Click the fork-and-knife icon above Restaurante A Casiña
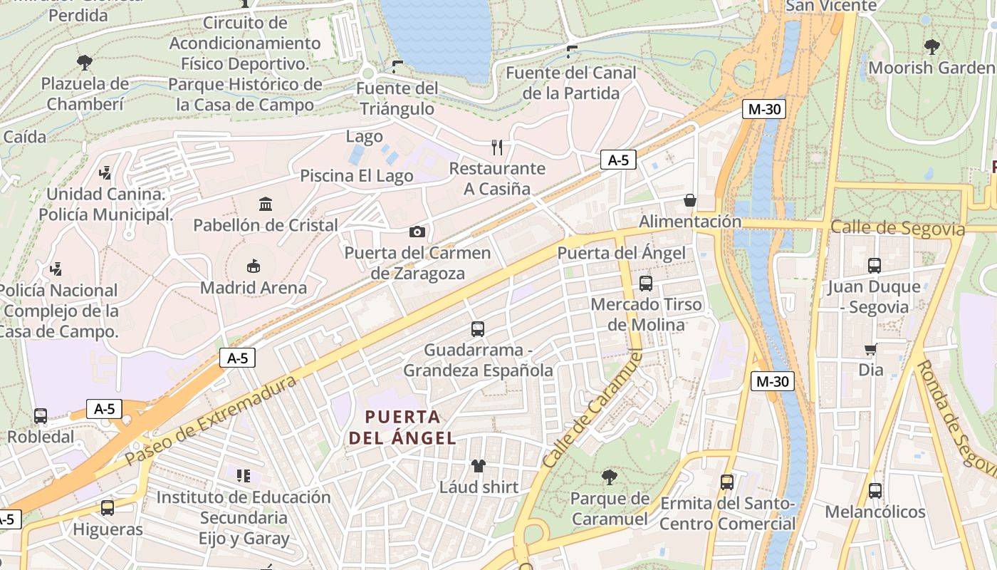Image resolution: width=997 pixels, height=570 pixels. coord(497,147)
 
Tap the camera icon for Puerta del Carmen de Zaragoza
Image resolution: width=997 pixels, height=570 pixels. coord(417,232)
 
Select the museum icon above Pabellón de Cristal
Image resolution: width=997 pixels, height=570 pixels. coord(266,204)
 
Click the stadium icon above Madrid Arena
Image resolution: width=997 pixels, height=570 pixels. coord(253,266)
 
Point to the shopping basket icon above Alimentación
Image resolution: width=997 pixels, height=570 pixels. coord(689,200)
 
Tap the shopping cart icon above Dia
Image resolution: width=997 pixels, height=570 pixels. coord(870,349)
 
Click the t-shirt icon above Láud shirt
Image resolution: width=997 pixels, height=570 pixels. coord(478,466)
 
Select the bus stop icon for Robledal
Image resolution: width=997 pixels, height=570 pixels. coord(41,415)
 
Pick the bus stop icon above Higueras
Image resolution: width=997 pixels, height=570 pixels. coord(108,508)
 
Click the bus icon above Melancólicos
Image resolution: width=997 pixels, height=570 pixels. coord(875,491)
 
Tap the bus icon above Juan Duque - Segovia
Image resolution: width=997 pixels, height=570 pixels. coord(874,266)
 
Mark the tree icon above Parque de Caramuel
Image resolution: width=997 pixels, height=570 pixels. coord(609,477)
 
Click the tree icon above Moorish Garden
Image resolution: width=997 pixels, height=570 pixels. coord(931,47)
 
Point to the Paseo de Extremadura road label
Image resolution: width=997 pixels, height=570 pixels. coord(211,420)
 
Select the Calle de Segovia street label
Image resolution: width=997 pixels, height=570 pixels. coord(897,229)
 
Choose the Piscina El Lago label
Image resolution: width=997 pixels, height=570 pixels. coord(356,176)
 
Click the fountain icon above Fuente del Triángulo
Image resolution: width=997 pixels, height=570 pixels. coord(397,67)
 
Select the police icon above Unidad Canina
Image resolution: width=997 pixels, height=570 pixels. coord(105,172)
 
